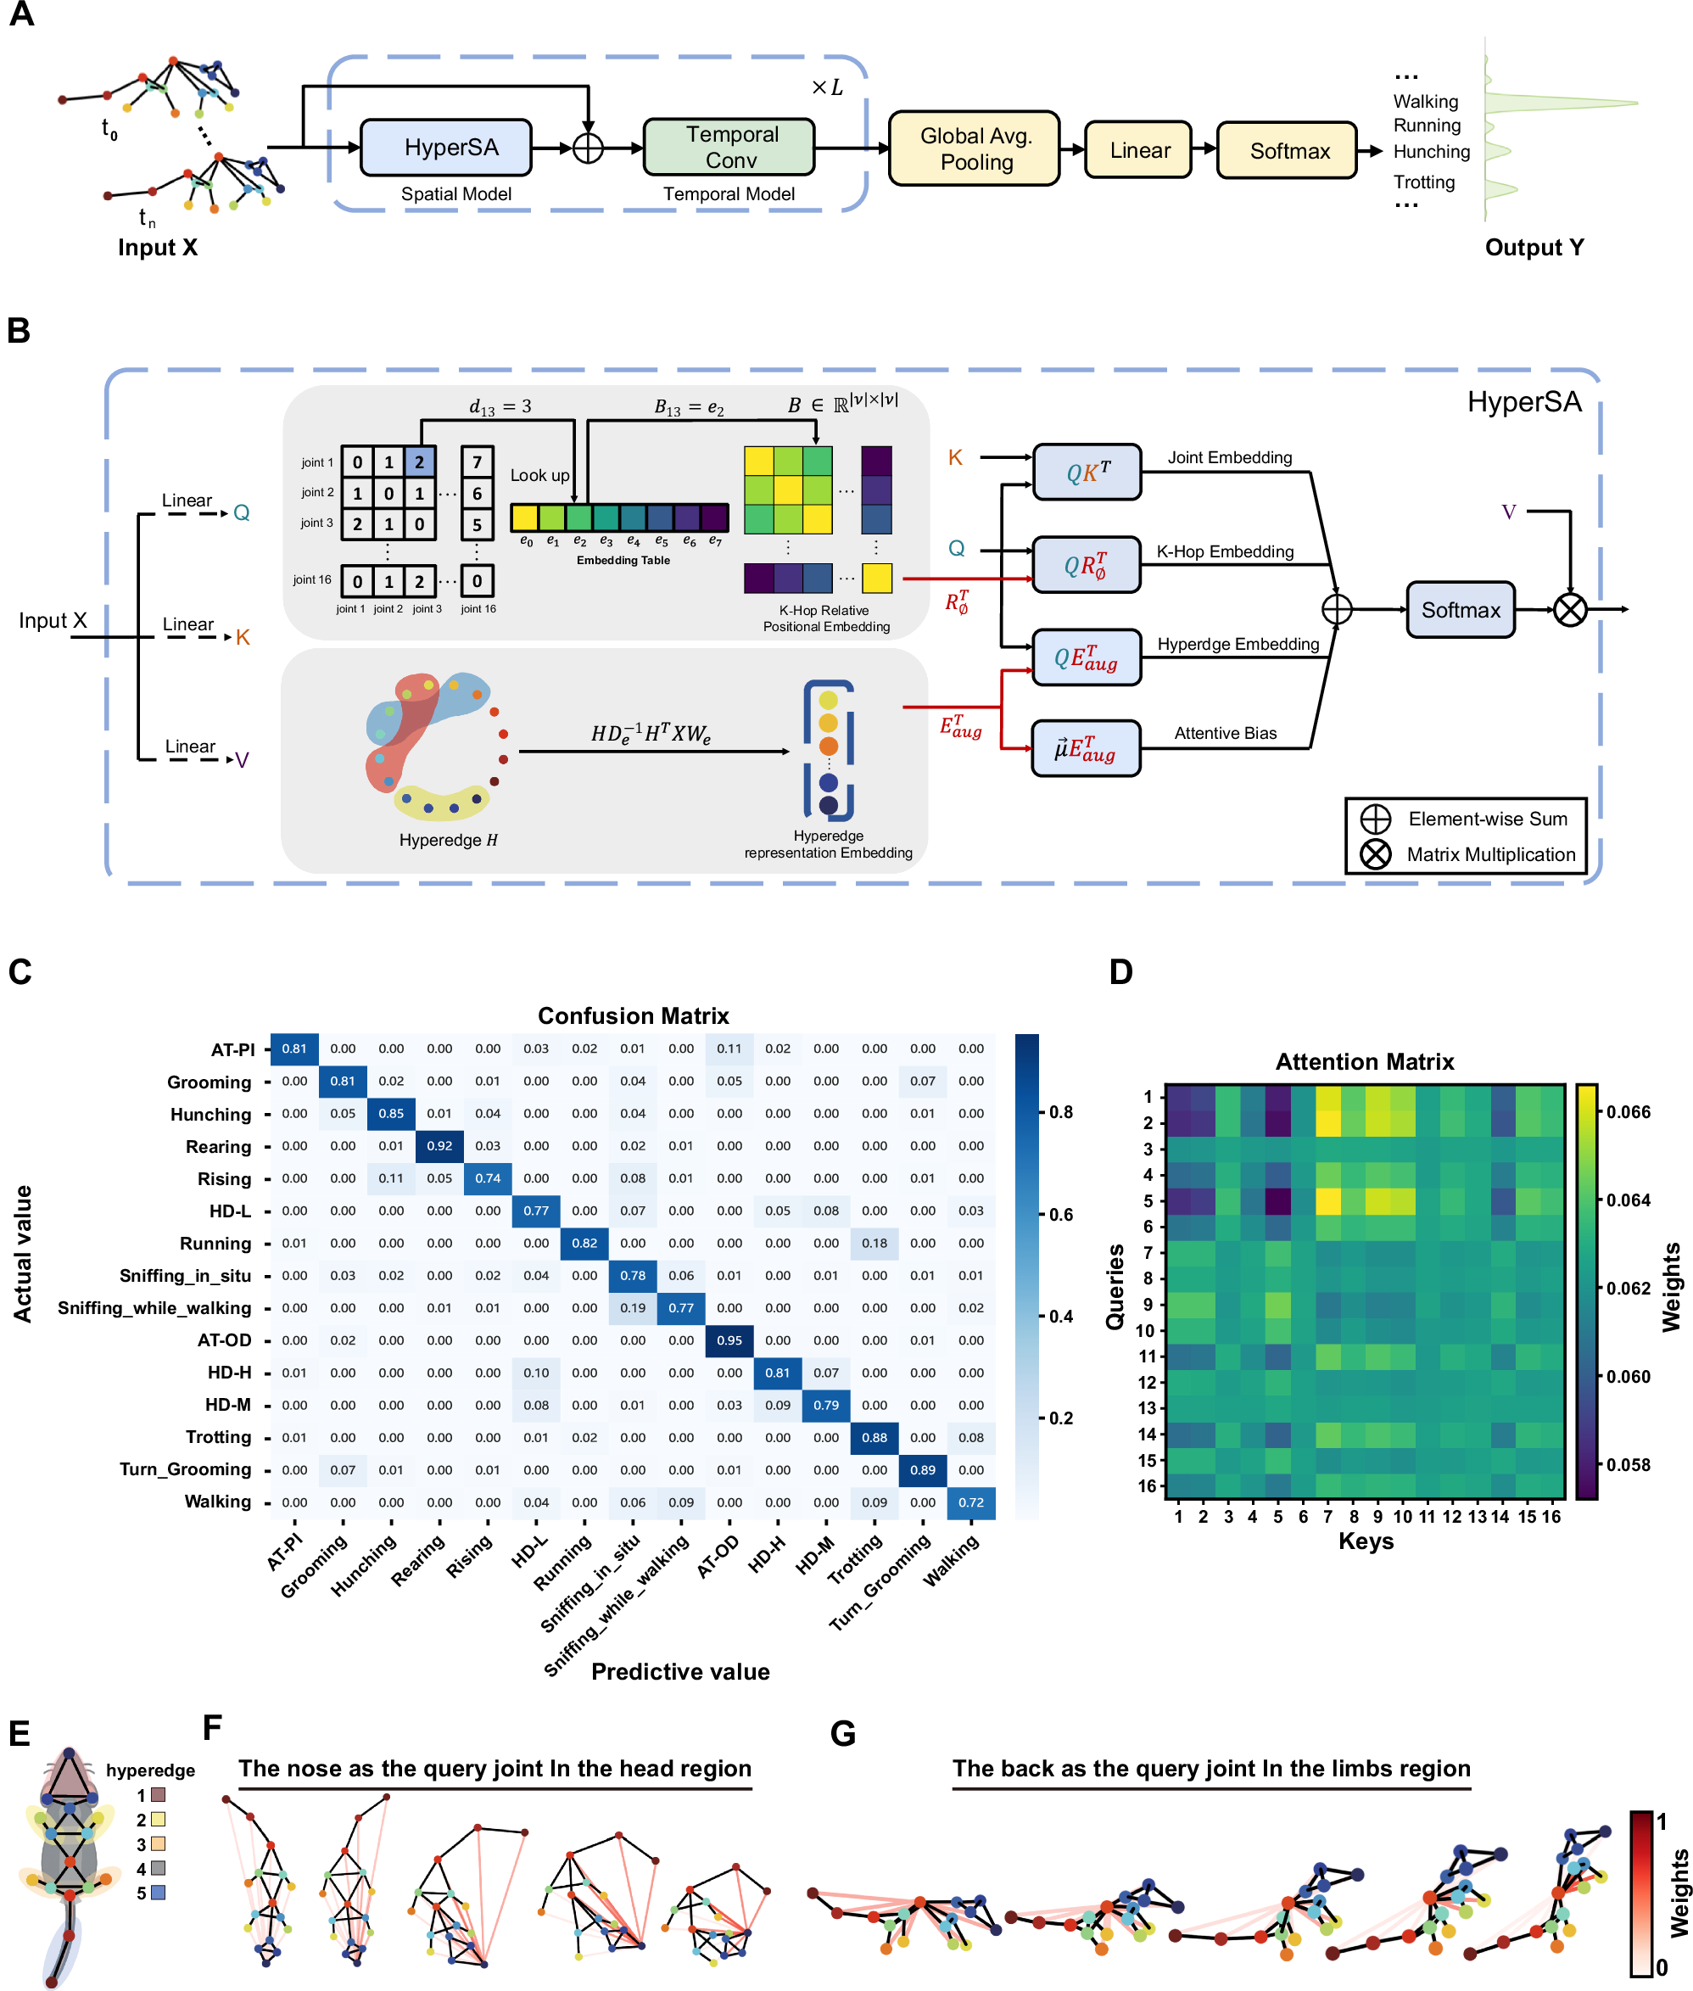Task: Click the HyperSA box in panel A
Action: pos(445,148)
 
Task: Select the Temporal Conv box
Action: pos(729,147)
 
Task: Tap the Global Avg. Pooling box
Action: pos(973,148)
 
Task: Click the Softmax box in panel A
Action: pos(1286,151)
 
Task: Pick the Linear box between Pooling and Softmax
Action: pos(1137,150)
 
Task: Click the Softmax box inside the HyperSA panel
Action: pos(1459,610)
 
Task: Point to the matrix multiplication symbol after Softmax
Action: pos(1569,610)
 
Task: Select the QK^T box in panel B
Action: pos(1087,473)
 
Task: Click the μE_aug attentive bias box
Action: pos(1086,748)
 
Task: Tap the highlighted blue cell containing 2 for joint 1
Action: pos(419,461)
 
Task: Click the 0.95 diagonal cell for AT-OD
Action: pos(729,1340)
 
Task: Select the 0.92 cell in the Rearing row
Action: pos(439,1145)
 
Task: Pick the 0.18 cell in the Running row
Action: pos(874,1243)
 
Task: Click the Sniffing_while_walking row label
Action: pos(154,1307)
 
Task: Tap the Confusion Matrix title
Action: pos(633,1015)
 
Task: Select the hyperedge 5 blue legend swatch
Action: pos(159,1892)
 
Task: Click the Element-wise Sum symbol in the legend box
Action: pos(1374,819)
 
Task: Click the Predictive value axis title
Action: pos(679,1671)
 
